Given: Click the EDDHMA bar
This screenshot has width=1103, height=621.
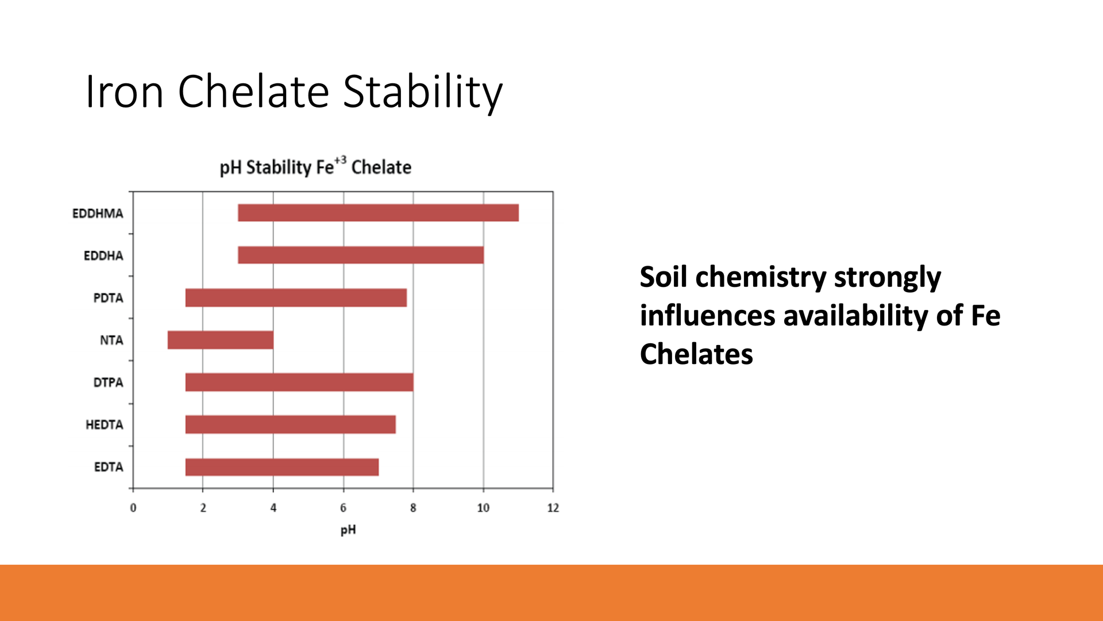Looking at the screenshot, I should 378,213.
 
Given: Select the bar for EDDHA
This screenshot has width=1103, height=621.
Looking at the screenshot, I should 361,255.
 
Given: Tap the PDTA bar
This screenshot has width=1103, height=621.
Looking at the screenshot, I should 296,298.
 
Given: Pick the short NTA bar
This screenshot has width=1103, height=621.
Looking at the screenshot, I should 221,340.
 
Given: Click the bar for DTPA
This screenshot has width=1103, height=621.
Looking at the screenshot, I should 299,382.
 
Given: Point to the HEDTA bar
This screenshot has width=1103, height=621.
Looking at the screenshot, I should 290,424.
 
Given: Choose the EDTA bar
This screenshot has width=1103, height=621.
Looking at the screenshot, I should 282,467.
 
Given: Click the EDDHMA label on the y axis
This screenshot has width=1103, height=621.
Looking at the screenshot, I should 98,213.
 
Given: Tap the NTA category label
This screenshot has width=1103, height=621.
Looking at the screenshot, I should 111,340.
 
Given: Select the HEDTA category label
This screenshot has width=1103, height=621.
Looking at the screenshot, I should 105,425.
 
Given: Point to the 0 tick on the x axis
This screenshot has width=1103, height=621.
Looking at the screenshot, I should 133,508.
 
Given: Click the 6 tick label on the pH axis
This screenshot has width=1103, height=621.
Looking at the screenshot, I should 344,508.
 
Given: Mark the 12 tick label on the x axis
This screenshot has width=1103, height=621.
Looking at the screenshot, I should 553,508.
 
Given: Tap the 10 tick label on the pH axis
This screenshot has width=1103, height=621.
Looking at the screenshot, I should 483,508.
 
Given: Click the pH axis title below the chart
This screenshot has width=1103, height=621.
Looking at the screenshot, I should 348,530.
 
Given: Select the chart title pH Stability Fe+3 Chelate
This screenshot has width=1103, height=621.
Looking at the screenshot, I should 315,167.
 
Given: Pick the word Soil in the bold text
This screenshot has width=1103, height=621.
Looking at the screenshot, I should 664,277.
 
